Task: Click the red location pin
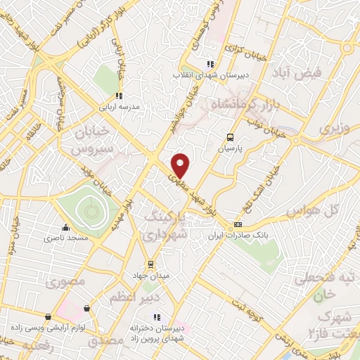[181, 165]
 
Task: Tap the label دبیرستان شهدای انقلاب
[207, 73]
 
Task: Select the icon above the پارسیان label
[231, 138]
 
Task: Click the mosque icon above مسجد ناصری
[66, 227]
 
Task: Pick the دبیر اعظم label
[130, 298]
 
